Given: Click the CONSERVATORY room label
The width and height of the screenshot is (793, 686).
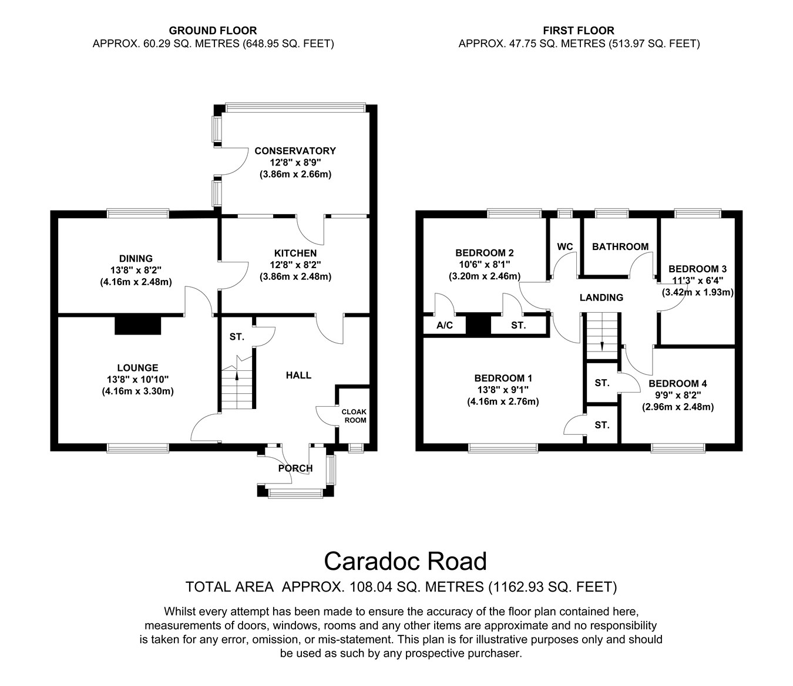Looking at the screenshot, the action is pos(295,151).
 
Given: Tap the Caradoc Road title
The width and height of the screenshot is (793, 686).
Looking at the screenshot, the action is pos(405,562).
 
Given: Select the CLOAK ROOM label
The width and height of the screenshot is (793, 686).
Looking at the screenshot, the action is pos(354,416).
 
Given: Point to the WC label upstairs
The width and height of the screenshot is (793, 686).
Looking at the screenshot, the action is pos(564,247).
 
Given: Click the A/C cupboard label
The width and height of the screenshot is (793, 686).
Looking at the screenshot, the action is pos(445,325).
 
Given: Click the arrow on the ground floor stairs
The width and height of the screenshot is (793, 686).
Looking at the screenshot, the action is pos(237,376).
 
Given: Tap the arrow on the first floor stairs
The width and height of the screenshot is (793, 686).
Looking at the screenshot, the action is pos(602,345).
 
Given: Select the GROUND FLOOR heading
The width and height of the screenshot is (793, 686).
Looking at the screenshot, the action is pos(213,31).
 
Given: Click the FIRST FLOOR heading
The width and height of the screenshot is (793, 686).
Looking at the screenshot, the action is pos(579,31).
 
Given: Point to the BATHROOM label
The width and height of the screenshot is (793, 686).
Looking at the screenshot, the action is pos(620,246).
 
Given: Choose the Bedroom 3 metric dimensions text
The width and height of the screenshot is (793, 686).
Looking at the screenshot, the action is pos(697,292).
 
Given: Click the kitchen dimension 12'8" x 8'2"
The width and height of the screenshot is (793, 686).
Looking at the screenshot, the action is pos(295,265).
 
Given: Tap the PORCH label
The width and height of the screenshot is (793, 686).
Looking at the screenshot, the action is pos(295,468).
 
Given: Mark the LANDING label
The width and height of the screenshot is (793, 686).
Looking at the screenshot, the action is pos(601,298).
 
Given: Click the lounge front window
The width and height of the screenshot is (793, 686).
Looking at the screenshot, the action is pos(137,448).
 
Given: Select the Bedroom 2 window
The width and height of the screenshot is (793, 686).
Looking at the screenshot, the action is pos(515,213).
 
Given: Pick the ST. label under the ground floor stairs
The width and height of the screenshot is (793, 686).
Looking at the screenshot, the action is pos(237,337).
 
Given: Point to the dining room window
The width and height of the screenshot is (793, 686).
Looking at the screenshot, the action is pos(137,213).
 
